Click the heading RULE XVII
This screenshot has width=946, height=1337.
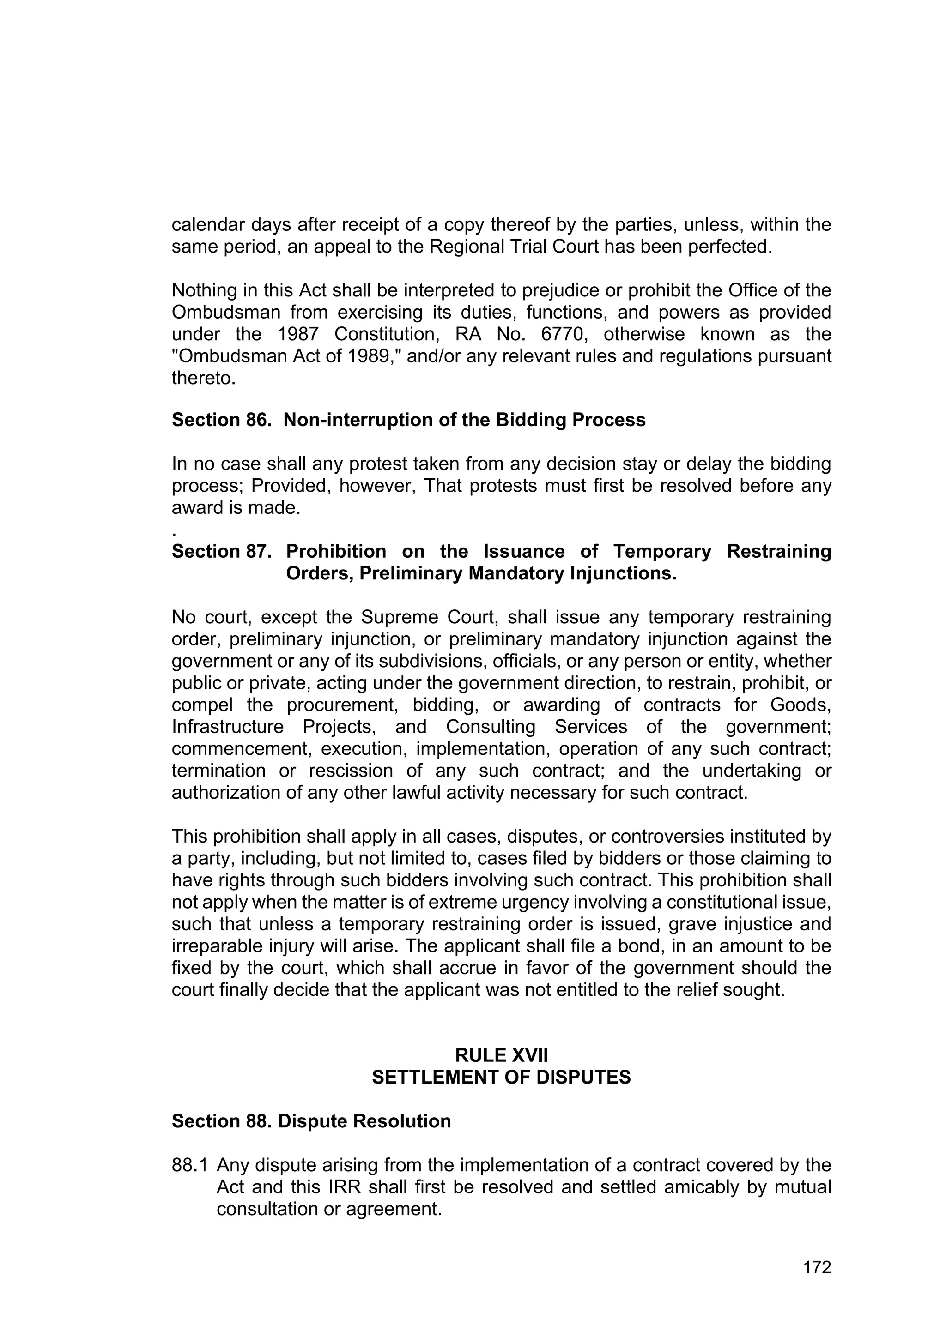click(x=501, y=1055)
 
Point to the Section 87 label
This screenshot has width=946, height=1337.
click(x=221, y=551)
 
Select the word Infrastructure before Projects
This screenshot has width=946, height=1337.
click(x=227, y=727)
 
